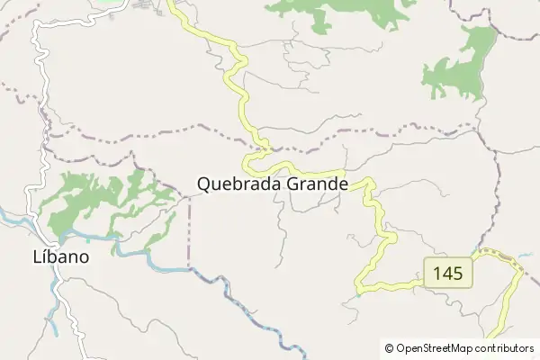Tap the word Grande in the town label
315,184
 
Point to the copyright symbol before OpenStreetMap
389,347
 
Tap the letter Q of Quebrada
203,184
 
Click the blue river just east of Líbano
135,253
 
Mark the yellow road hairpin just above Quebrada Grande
261,153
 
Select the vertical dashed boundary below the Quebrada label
189,234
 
